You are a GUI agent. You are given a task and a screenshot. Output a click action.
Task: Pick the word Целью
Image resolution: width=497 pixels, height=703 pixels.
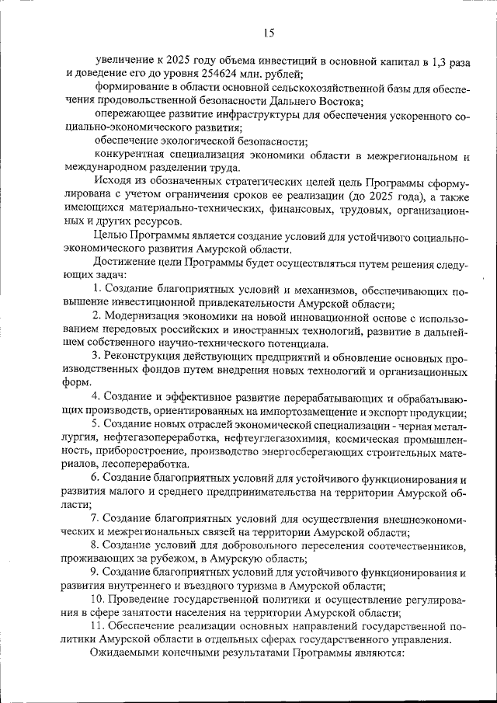111,236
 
